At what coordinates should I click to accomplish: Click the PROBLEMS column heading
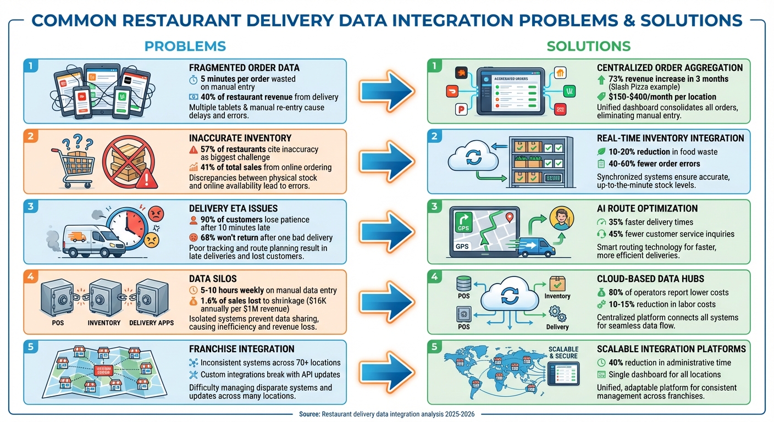[x=185, y=46]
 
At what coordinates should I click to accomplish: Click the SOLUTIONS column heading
[x=588, y=46]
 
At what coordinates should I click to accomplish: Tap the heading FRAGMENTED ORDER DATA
[x=244, y=68]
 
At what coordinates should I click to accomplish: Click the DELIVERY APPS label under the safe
[x=151, y=323]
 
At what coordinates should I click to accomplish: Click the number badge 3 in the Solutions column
[x=434, y=206]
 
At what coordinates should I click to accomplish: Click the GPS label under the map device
[x=462, y=247]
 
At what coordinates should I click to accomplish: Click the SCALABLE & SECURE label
[x=563, y=352]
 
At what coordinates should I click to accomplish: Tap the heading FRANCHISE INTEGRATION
[x=241, y=349]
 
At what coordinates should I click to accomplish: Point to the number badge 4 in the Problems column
[x=31, y=276]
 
